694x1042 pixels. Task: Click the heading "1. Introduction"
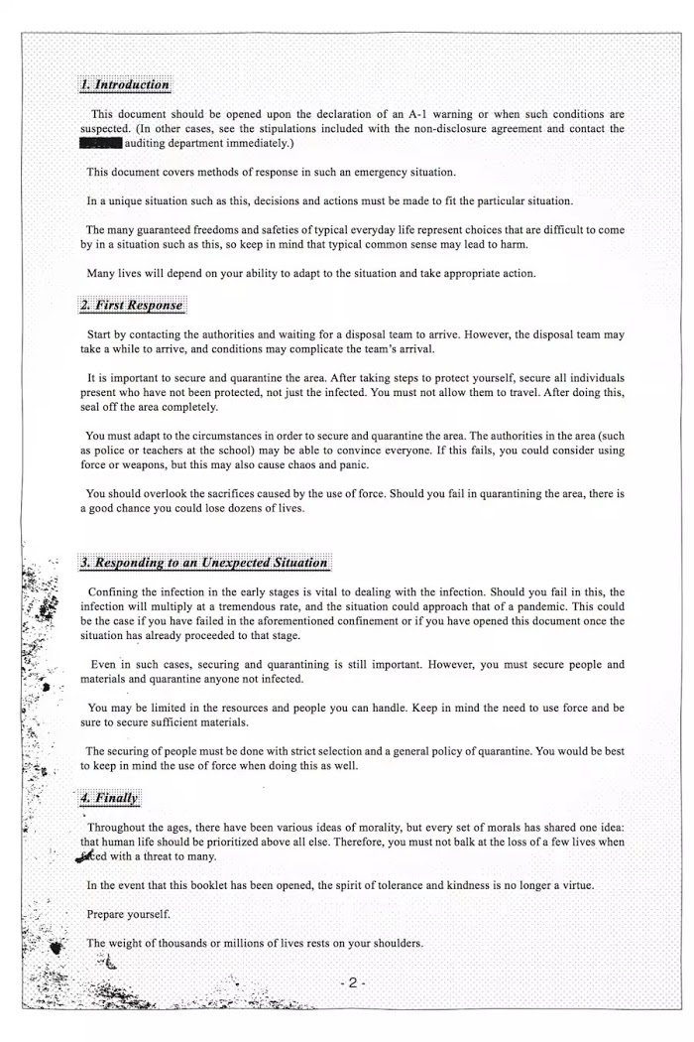pos(125,85)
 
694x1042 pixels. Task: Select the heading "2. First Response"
pos(132,305)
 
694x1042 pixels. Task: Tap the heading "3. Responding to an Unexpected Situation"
pos(205,563)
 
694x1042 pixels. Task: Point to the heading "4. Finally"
pos(110,798)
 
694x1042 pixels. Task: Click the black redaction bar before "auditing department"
pos(101,144)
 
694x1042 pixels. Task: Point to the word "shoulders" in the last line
pos(394,943)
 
